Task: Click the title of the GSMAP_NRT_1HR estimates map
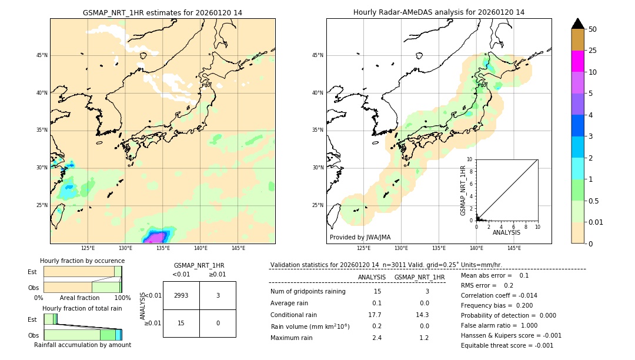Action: (162, 12)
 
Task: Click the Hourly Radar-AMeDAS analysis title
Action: (439, 12)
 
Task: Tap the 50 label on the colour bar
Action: (593, 29)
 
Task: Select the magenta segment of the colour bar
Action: (577, 61)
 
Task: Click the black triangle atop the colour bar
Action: (577, 24)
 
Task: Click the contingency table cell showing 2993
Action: (181, 295)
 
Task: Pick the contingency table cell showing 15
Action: (181, 323)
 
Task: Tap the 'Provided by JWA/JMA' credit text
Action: (360, 237)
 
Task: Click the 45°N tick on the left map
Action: (42, 55)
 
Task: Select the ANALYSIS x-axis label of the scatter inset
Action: (506, 232)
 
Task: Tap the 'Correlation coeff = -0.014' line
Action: (499, 295)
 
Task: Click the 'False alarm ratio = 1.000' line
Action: (499, 325)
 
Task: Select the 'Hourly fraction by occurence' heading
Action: (82, 261)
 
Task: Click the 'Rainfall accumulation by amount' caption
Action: (82, 345)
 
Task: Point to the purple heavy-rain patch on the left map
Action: (156, 238)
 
